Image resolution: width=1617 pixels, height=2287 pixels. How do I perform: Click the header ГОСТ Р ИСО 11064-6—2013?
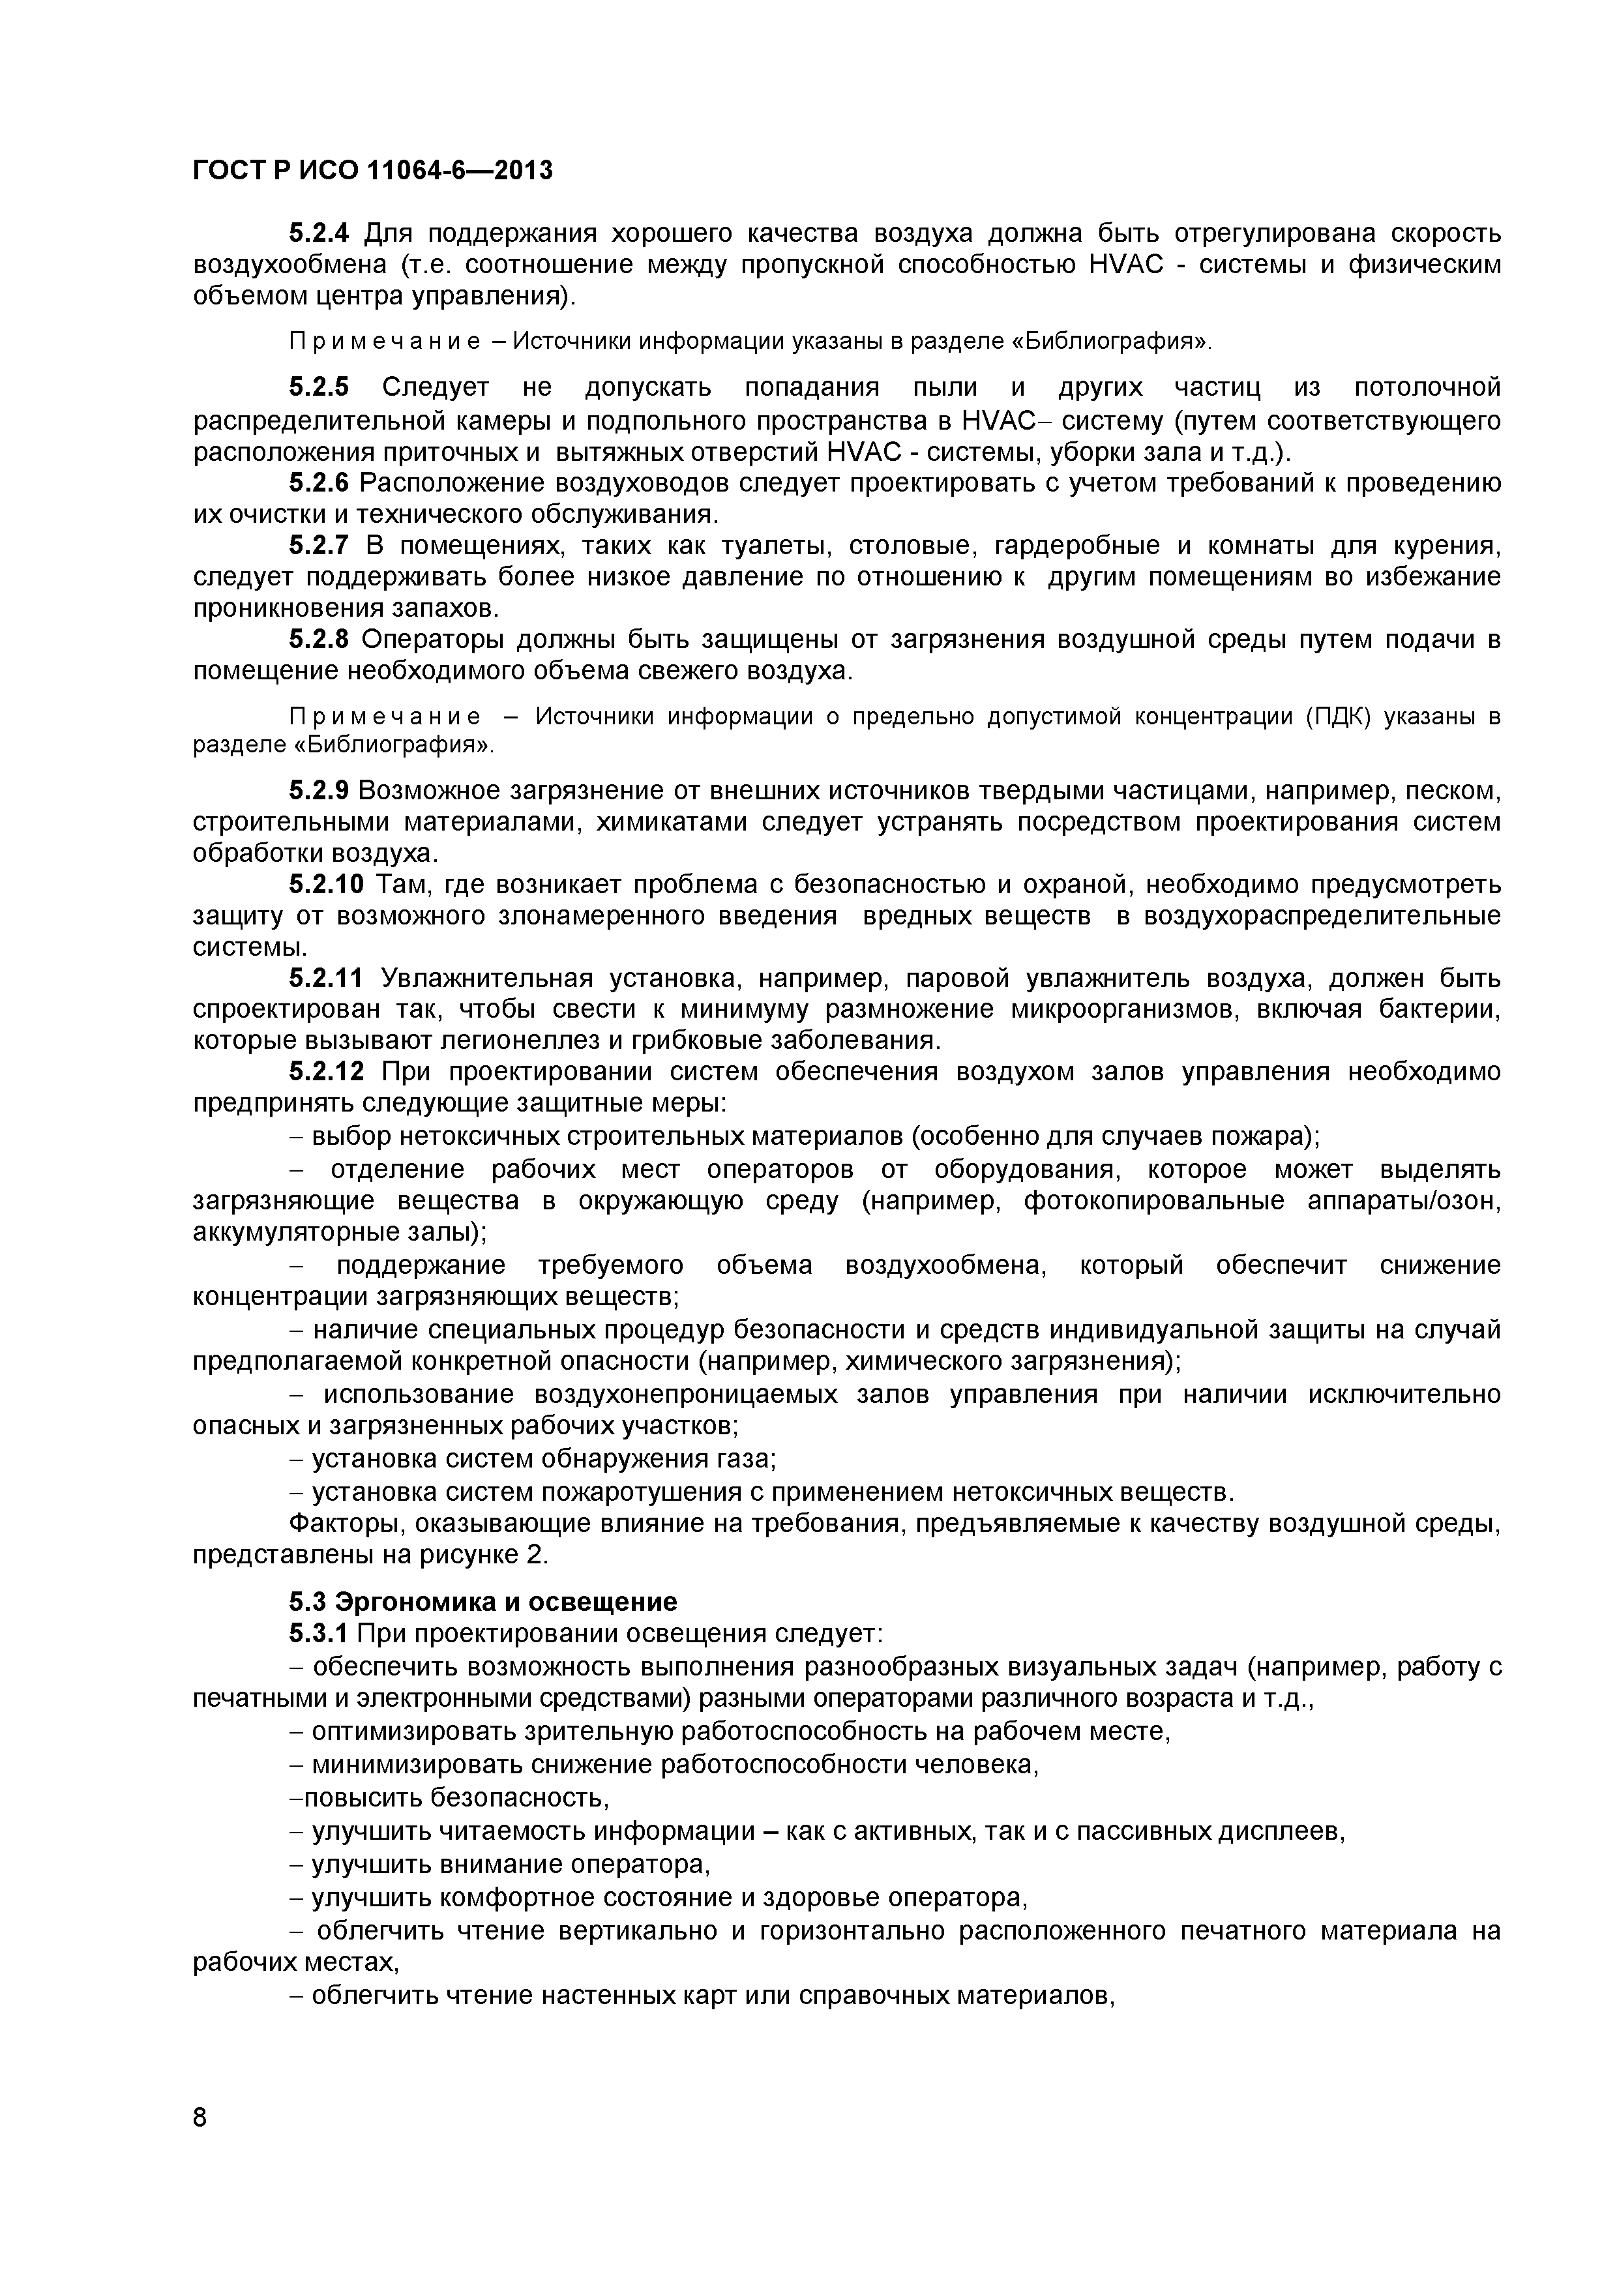[x=372, y=171]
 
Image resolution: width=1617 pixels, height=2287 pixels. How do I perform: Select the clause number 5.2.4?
[x=319, y=233]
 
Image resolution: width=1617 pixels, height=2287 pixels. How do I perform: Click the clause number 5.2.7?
[x=319, y=545]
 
